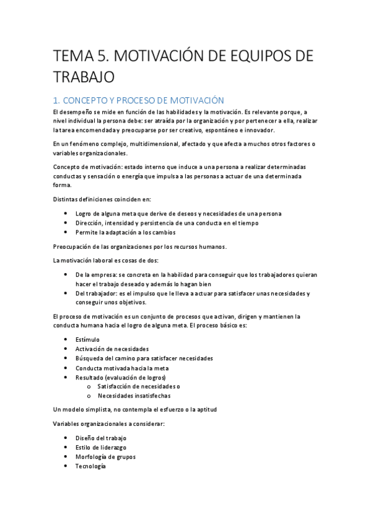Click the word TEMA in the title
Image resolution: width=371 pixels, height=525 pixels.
(71, 56)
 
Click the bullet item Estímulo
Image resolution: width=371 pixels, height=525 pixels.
(87, 339)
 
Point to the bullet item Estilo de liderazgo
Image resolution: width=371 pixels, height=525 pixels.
(101, 448)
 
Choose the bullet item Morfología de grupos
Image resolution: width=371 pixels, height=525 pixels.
(105, 457)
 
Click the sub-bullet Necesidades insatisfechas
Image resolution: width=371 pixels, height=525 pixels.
(134, 396)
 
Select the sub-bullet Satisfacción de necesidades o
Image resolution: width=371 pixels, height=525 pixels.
(139, 386)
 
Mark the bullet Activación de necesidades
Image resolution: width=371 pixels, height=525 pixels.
(112, 349)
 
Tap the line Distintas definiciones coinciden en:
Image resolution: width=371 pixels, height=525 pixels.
(102, 199)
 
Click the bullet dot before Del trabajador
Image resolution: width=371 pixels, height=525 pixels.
(66, 293)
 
